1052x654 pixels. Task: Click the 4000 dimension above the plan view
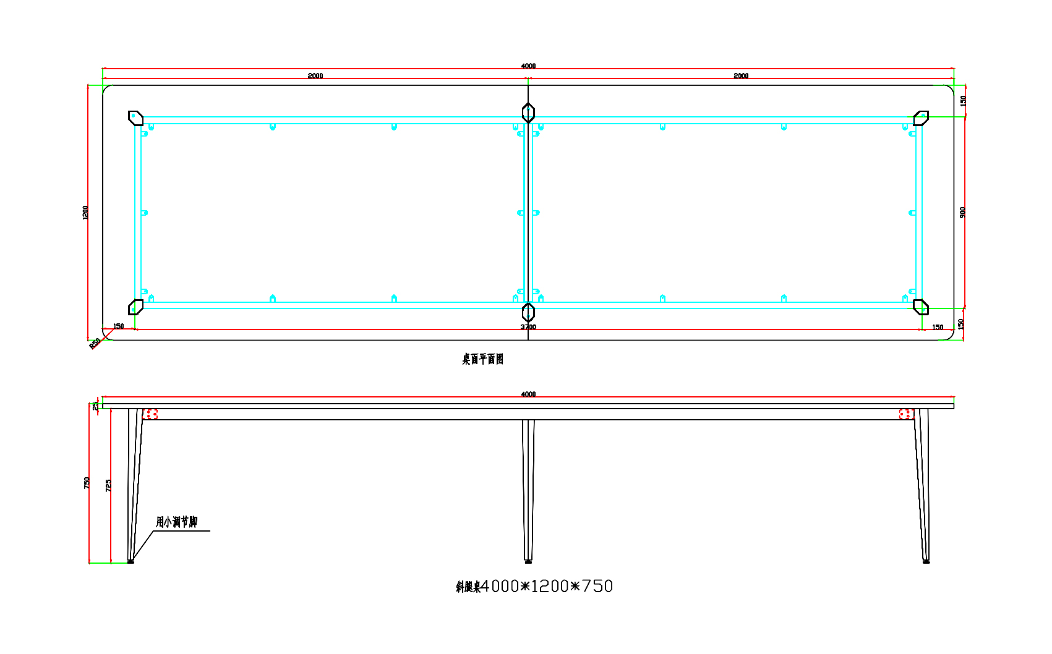pyautogui.click(x=528, y=66)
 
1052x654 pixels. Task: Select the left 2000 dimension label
pyautogui.click(x=315, y=76)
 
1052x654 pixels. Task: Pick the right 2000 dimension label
pyautogui.click(x=741, y=76)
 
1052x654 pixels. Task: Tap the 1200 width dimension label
pyautogui.click(x=85, y=212)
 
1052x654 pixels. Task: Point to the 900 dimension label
pyautogui.click(x=962, y=212)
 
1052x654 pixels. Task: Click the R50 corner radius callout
pyautogui.click(x=95, y=344)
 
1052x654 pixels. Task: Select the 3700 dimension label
pyautogui.click(x=528, y=326)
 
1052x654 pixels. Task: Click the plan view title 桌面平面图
pyautogui.click(x=482, y=359)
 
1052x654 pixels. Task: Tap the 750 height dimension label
pyautogui.click(x=87, y=483)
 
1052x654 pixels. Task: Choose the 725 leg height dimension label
pyautogui.click(x=108, y=485)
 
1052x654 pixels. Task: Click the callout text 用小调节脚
pyautogui.click(x=176, y=522)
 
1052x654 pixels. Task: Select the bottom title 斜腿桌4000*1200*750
pyautogui.click(x=534, y=586)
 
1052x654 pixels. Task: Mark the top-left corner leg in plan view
pyautogui.click(x=135, y=117)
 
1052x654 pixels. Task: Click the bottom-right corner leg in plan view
pyautogui.click(x=921, y=307)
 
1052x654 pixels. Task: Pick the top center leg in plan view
pyautogui.click(x=528, y=113)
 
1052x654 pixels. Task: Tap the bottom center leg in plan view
pyautogui.click(x=528, y=312)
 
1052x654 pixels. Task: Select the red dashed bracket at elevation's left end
pyautogui.click(x=150, y=414)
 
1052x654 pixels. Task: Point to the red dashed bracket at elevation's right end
pyautogui.click(x=906, y=414)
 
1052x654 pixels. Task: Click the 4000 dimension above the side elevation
pyautogui.click(x=528, y=394)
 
